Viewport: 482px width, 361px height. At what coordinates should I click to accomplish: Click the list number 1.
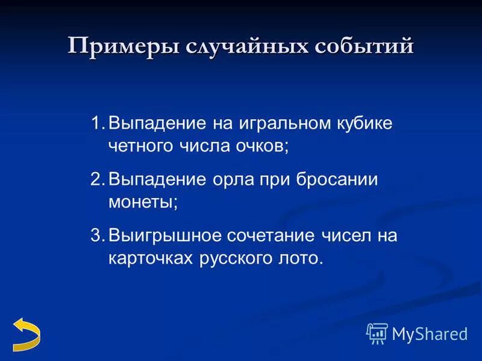point(98,124)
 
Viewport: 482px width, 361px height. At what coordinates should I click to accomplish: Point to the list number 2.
point(98,179)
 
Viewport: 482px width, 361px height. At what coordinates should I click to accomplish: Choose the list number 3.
point(98,235)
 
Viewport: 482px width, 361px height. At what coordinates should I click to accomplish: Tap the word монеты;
point(143,202)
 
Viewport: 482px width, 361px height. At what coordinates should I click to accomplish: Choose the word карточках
point(151,258)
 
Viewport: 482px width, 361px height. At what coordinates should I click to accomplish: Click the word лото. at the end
point(303,257)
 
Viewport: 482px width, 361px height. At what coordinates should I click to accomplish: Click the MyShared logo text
point(429,333)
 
